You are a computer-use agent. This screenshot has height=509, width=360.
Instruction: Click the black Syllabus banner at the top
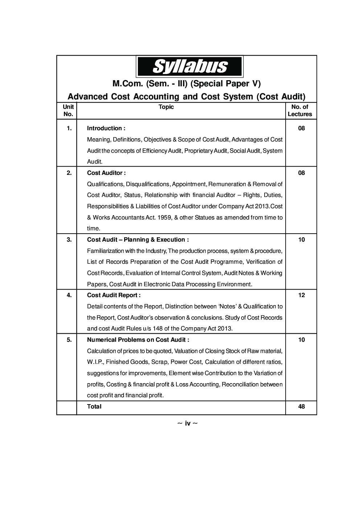189,67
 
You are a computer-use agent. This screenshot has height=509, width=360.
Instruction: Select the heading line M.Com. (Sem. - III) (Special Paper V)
187,84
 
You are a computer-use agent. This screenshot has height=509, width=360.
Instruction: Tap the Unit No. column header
68,110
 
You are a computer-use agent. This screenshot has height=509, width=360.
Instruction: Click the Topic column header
166,107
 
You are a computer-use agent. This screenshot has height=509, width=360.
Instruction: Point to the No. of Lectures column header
300,110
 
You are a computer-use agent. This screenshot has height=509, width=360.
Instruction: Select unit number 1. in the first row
69,128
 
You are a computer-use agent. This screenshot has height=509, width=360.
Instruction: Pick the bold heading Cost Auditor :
106,173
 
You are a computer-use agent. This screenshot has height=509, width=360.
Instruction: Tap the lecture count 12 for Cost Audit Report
301,295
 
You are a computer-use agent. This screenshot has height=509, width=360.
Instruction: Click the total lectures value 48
301,407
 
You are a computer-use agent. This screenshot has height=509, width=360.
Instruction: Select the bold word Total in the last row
94,407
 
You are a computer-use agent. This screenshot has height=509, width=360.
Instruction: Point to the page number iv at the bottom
188,423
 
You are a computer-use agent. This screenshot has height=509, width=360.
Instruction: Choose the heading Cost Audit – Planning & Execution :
138,240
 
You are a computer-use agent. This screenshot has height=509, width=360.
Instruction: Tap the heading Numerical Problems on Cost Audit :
138,340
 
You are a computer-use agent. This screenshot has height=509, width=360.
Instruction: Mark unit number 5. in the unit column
69,340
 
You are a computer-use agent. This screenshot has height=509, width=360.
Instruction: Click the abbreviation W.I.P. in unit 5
95,362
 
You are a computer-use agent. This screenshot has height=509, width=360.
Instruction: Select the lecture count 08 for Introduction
301,128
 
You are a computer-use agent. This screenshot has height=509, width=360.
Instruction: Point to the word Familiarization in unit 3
105,251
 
